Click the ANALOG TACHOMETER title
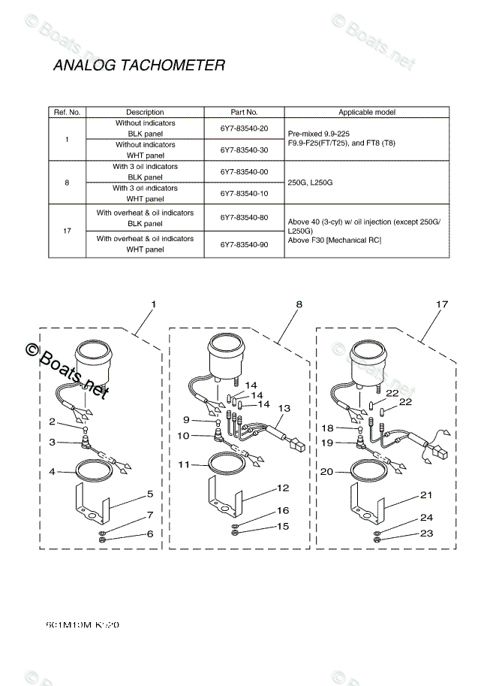[x=139, y=65]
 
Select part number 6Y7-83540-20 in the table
[x=244, y=128]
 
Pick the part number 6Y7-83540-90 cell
[x=244, y=244]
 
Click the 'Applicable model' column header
[x=367, y=112]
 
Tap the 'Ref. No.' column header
[x=67, y=112]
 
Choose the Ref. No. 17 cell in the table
[x=67, y=231]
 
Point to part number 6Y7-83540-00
[x=244, y=172]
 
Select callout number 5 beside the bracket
[x=150, y=494]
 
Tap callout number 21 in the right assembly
[x=426, y=494]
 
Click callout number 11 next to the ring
[x=185, y=465]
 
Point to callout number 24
[x=426, y=518]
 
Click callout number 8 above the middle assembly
[x=299, y=305]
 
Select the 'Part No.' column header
[x=244, y=112]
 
